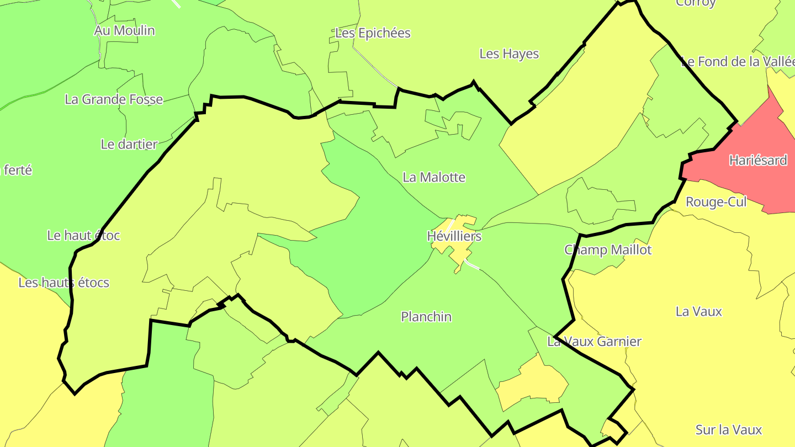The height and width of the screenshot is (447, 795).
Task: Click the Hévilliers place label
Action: (x=454, y=236)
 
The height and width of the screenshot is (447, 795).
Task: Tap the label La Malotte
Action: (x=434, y=177)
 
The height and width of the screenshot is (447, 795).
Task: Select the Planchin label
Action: (x=426, y=317)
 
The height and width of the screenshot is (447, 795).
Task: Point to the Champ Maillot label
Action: (x=608, y=250)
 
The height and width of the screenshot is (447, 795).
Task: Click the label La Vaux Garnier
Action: (x=594, y=342)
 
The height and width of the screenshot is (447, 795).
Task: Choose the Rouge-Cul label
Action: (x=716, y=202)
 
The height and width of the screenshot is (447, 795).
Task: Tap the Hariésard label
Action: (x=758, y=161)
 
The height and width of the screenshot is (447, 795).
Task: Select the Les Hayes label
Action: (x=509, y=54)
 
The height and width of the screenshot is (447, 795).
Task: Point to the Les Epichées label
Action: (x=373, y=33)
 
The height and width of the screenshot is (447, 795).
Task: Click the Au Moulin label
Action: (x=125, y=30)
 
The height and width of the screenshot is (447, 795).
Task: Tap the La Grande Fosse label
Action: (x=114, y=99)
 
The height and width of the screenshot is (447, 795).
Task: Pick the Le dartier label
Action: (x=129, y=145)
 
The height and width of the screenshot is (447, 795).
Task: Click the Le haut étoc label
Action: (x=83, y=236)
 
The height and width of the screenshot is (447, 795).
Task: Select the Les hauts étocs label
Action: (x=64, y=283)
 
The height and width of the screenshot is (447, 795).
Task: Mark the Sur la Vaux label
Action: (x=729, y=430)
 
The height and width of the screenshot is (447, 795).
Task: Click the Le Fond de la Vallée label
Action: (x=738, y=62)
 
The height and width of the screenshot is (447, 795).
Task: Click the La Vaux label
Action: (x=699, y=312)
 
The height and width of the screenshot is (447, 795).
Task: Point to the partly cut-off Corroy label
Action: (x=696, y=3)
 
